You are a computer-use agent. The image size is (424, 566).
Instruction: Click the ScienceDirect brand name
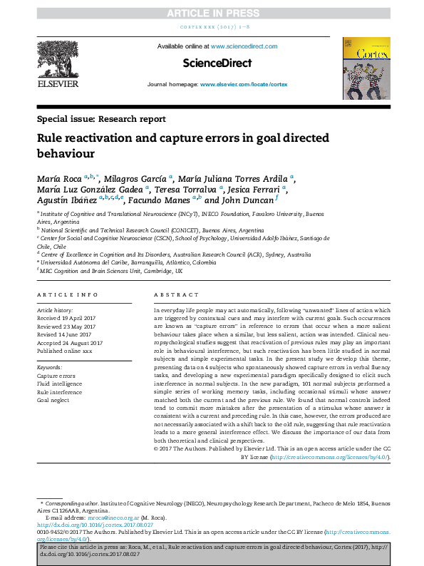217,63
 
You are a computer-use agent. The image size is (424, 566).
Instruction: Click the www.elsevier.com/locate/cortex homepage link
244,84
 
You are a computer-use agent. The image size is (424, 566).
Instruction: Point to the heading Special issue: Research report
101,119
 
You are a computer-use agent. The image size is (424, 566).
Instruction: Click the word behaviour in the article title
66,153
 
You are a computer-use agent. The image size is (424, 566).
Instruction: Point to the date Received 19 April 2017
69,318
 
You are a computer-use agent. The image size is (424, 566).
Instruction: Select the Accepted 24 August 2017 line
70,342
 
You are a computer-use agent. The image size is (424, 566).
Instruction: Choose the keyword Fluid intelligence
59,384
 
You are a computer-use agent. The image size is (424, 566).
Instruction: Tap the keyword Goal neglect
53,401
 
